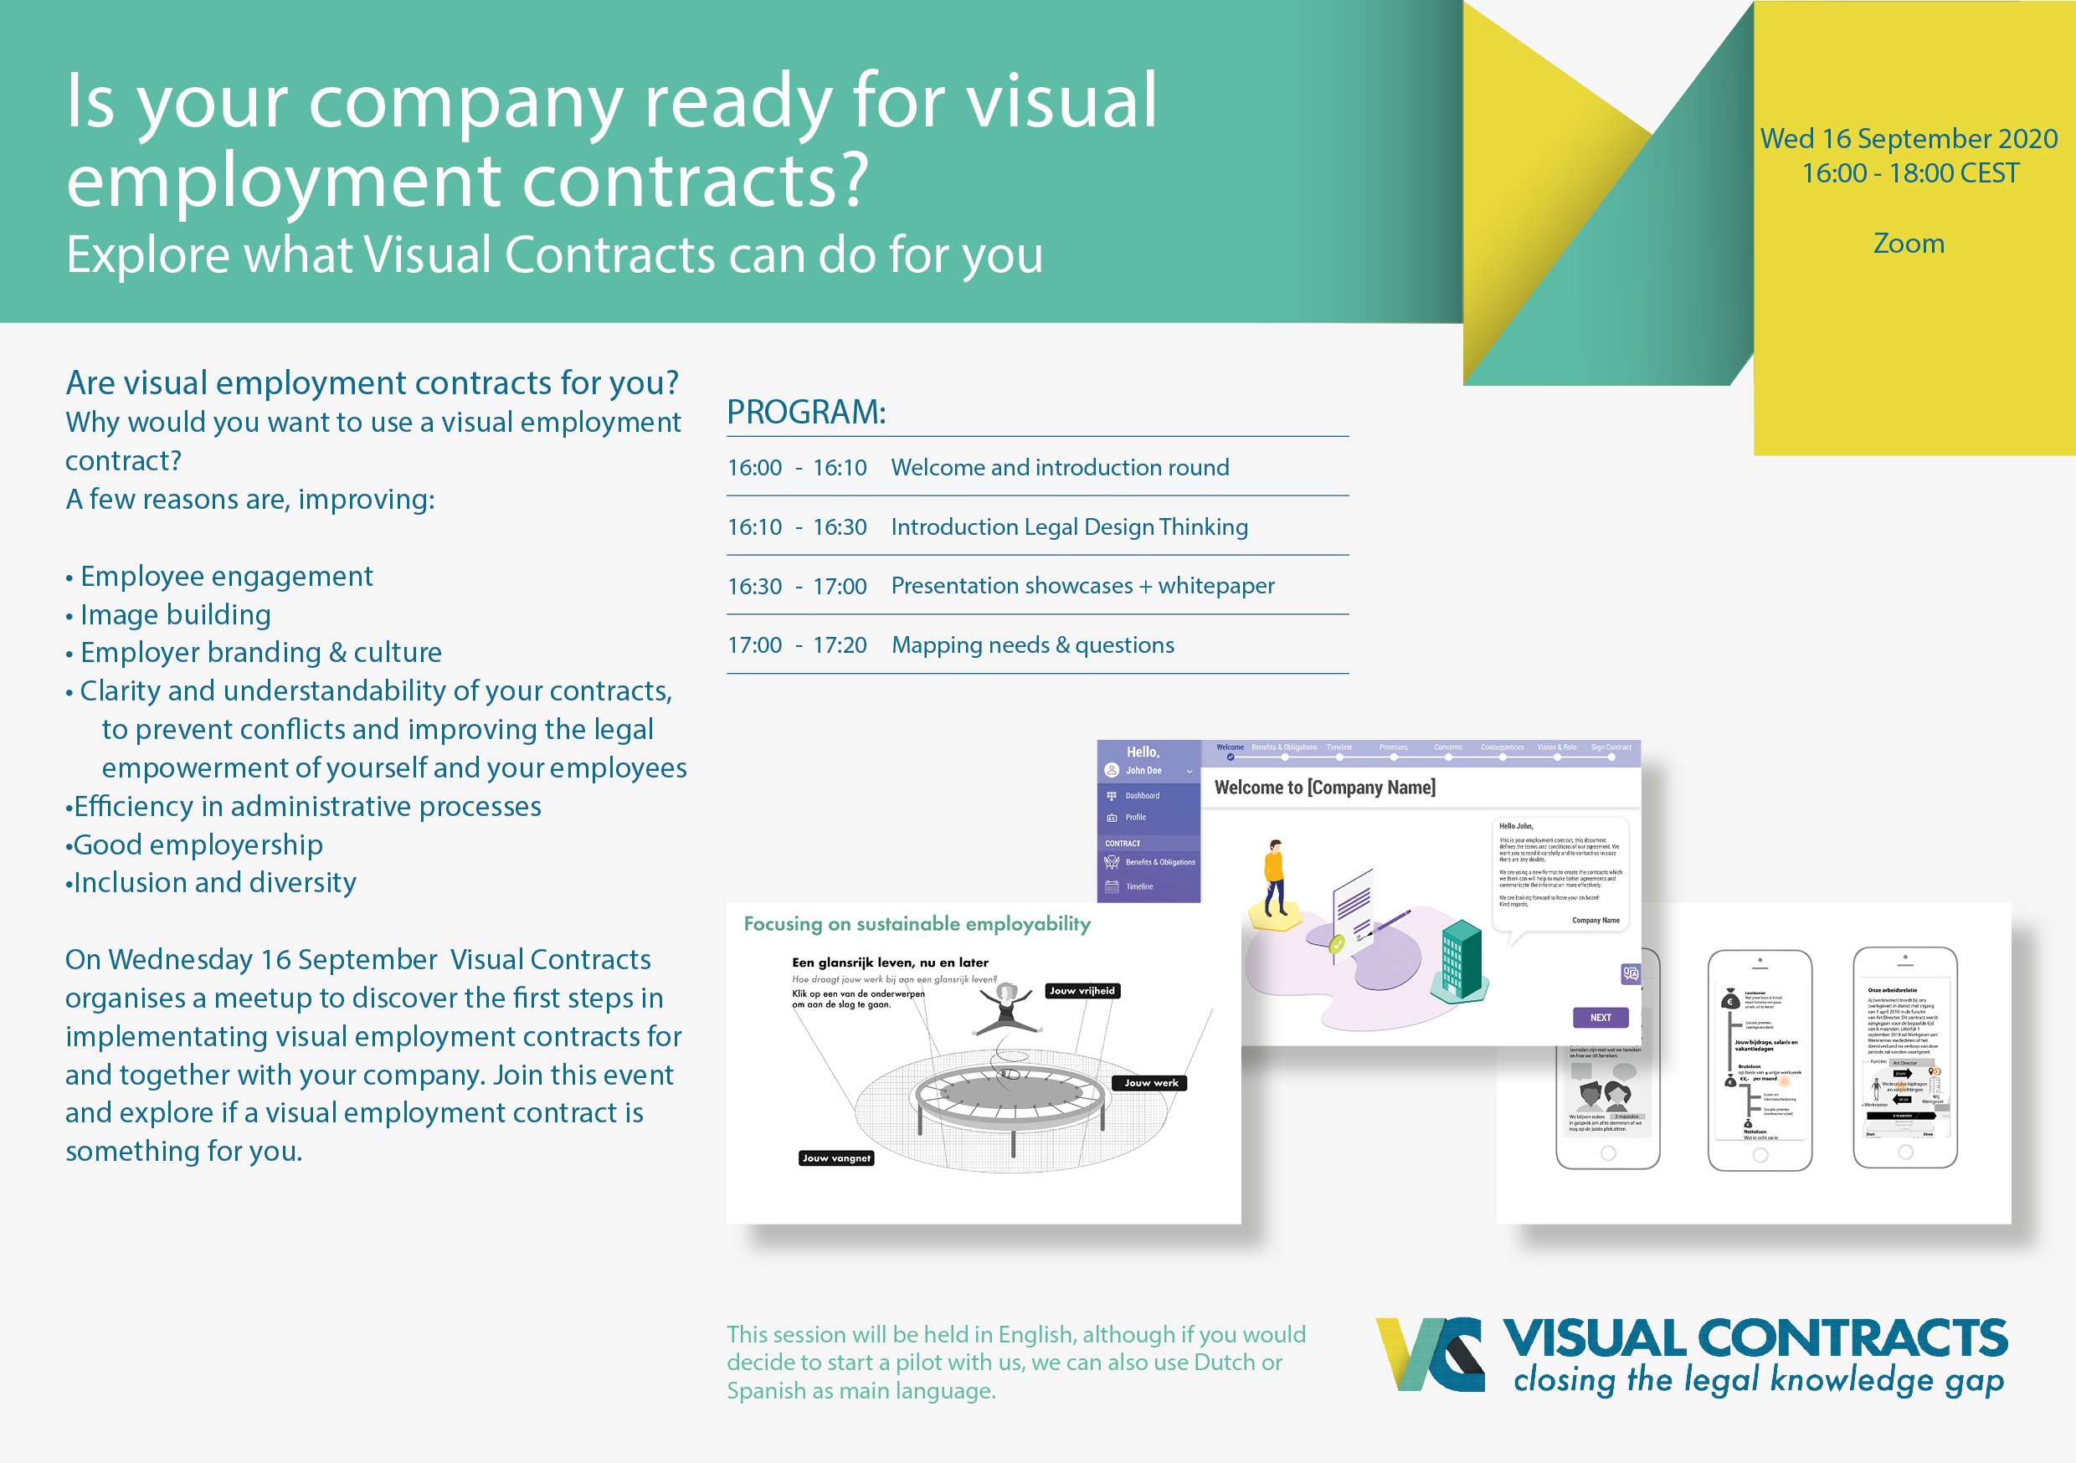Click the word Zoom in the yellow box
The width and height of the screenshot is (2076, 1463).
tap(1908, 244)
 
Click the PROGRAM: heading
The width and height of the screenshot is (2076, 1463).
tap(805, 413)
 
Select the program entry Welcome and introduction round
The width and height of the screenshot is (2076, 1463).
tap(1060, 468)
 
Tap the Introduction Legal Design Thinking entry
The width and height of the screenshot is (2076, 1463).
tap(1069, 527)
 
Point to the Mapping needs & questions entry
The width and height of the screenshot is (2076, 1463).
tap(1033, 644)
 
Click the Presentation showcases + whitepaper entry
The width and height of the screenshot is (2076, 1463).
tap(1082, 586)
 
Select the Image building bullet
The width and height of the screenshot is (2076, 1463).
tap(176, 615)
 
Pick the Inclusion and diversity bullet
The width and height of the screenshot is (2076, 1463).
tap(215, 882)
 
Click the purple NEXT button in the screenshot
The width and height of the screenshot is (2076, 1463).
tap(1601, 1017)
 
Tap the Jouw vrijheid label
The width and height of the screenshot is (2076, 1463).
tap(1082, 991)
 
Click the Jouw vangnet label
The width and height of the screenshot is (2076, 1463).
tap(836, 1158)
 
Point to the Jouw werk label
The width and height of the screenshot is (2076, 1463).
tap(1150, 1083)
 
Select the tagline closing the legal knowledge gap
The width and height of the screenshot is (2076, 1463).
tap(1758, 1381)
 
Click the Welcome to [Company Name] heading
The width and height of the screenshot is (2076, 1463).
tap(1324, 788)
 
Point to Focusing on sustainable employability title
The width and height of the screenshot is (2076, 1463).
tap(917, 924)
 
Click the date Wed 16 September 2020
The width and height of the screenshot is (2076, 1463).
tap(1909, 138)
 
